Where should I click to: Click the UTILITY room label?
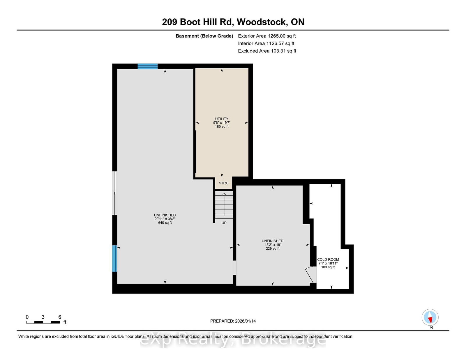[222, 119]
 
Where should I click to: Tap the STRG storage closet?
[224, 183]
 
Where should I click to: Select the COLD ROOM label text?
[328, 260]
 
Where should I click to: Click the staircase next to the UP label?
[224, 205]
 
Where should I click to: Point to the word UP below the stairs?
[224, 223]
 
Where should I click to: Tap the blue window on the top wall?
[148, 66]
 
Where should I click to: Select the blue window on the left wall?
[115, 258]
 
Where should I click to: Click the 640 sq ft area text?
[165, 223]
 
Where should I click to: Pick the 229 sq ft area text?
[273, 249]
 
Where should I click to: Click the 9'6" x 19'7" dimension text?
[222, 123]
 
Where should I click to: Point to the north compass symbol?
[430, 318]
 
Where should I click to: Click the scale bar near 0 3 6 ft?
[43, 322]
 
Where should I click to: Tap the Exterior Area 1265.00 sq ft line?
[267, 36]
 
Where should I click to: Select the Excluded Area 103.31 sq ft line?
[267, 51]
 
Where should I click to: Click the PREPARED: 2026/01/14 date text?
[233, 321]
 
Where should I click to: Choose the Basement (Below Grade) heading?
[204, 36]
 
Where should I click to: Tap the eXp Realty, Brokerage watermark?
[233, 340]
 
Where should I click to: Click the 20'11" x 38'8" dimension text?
[165, 219]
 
